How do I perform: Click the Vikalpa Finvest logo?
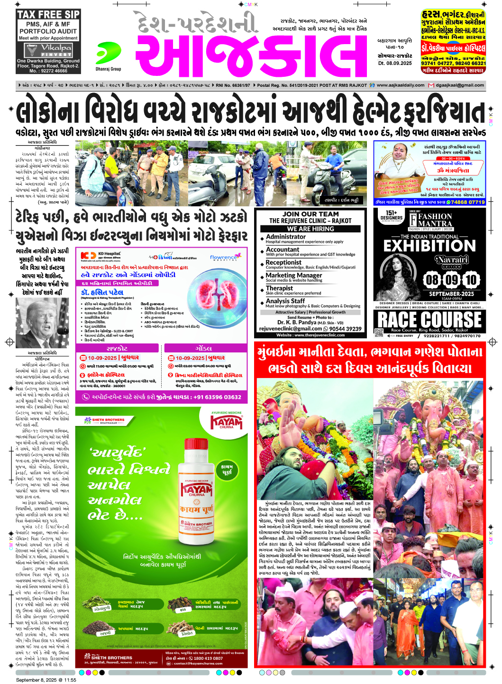(48, 50)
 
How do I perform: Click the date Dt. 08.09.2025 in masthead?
(395, 63)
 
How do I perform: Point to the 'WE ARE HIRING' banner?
(310, 229)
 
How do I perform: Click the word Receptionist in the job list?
(283, 262)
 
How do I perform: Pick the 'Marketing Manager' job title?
(294, 275)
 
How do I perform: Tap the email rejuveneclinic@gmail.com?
(291, 329)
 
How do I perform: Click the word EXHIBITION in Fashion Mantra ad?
(429, 246)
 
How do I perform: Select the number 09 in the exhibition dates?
(452, 280)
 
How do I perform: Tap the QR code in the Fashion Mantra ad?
(379, 333)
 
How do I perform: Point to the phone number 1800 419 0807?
(208, 658)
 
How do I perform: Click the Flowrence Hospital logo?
(223, 258)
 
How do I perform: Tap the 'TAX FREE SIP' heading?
(48, 15)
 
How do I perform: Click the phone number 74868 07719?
(467, 202)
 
